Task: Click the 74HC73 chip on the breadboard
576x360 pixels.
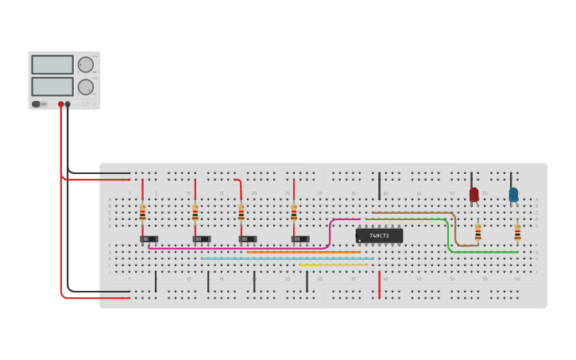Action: pyautogui.click(x=379, y=235)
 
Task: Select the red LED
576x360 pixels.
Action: pyautogui.click(x=474, y=194)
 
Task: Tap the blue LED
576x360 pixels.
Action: pyautogui.click(x=513, y=194)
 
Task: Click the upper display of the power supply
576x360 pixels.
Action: pyautogui.click(x=52, y=64)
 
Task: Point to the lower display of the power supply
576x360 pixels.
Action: pyautogui.click(x=52, y=86)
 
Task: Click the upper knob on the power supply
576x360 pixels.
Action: pyautogui.click(x=85, y=65)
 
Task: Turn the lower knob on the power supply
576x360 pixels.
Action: pyautogui.click(x=85, y=87)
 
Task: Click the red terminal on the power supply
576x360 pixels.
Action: pyautogui.click(x=60, y=104)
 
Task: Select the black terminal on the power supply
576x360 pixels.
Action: pyautogui.click(x=68, y=104)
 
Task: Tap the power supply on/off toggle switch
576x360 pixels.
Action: pyautogui.click(x=37, y=104)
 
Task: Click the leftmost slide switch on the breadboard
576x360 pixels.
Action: pyautogui.click(x=149, y=238)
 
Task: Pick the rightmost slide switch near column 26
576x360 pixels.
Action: pyautogui.click(x=300, y=238)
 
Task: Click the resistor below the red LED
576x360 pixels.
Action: pyautogui.click(x=477, y=231)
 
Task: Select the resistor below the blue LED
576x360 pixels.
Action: pyautogui.click(x=517, y=231)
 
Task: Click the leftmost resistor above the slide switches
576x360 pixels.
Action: pyautogui.click(x=142, y=212)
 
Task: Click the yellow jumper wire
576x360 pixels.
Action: pyautogui.click(x=334, y=265)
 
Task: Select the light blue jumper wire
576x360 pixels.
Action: pyautogui.click(x=286, y=258)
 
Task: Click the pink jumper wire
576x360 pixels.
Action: pyautogui.click(x=238, y=248)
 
